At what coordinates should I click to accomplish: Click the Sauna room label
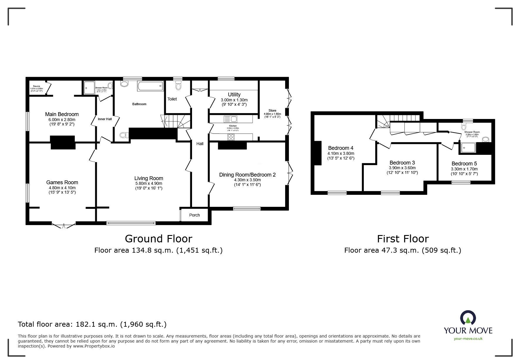click(x=36, y=86)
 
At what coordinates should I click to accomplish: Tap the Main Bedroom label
click(x=62, y=114)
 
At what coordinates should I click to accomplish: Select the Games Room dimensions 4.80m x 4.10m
click(x=62, y=188)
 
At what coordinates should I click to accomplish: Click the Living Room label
click(x=149, y=178)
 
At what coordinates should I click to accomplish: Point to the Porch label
click(x=194, y=215)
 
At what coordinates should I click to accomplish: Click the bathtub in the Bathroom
click(x=150, y=86)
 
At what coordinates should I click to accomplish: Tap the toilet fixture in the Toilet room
click(x=178, y=86)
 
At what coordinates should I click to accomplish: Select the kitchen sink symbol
click(x=230, y=119)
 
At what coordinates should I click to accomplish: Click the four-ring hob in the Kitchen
click(x=231, y=137)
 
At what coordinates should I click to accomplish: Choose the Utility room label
click(x=234, y=95)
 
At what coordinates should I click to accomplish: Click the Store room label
click(x=272, y=111)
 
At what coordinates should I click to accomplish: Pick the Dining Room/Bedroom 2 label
click(x=247, y=175)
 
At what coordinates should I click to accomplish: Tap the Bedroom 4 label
click(x=339, y=148)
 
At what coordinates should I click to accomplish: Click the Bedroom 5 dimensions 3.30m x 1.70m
click(x=464, y=169)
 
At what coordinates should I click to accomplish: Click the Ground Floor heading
click(x=159, y=239)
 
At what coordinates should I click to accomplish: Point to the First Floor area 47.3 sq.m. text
click(x=403, y=250)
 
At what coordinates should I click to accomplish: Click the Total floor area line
click(x=92, y=324)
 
